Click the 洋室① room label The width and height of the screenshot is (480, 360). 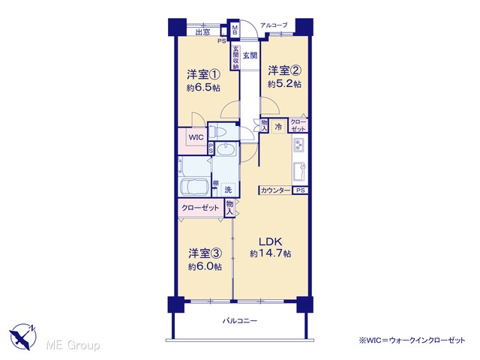203,74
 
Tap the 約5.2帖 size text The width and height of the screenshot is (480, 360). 284,84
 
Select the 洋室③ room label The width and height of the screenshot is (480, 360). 205,253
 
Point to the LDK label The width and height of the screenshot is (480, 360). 270,241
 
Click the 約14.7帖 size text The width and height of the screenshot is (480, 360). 270,253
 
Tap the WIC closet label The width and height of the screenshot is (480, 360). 196,137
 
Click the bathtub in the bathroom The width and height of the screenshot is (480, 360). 194,187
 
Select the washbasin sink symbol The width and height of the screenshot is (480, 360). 226,149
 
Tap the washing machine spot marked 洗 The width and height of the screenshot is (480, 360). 228,190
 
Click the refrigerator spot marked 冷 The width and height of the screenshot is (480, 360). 278,127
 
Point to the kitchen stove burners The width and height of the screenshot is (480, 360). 298,145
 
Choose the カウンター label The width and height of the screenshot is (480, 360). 275,190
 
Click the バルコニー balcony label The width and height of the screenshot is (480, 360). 240,321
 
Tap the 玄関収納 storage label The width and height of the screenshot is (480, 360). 235,58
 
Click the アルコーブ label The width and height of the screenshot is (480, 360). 274,25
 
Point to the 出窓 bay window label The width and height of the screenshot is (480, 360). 203,31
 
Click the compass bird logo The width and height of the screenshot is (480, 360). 23,337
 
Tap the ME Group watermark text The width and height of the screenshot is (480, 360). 73,345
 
